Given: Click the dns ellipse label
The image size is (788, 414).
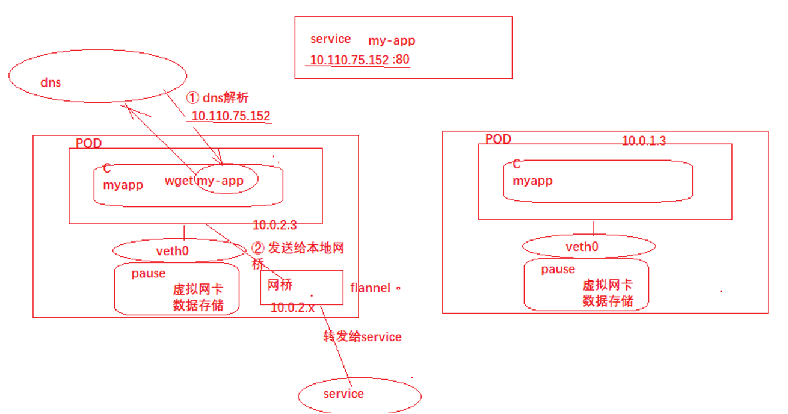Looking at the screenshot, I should [x=51, y=82].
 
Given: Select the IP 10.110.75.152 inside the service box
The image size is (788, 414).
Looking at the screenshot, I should [x=346, y=60].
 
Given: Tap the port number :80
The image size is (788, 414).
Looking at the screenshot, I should [x=400, y=60].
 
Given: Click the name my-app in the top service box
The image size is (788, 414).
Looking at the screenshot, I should [x=392, y=41].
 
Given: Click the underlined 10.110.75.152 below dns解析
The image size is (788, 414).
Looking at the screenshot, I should [x=231, y=116].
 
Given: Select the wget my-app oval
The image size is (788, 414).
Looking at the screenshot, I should [x=227, y=181].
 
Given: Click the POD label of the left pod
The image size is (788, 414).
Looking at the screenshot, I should [x=89, y=143].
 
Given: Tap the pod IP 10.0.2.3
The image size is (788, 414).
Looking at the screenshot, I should [x=274, y=226].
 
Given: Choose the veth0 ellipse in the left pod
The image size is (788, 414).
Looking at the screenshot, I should [x=172, y=250].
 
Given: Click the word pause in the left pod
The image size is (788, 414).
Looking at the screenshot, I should [x=148, y=274].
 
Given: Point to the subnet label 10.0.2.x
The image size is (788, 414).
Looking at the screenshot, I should [x=292, y=307].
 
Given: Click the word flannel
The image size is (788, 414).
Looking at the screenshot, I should [x=371, y=288].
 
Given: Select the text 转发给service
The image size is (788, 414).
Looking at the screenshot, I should [x=362, y=337].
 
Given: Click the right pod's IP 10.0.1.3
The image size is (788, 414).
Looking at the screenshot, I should [x=644, y=141].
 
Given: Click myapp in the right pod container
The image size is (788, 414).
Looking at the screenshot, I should [x=532, y=181].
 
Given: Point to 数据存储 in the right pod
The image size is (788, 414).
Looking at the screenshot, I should [x=608, y=301].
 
